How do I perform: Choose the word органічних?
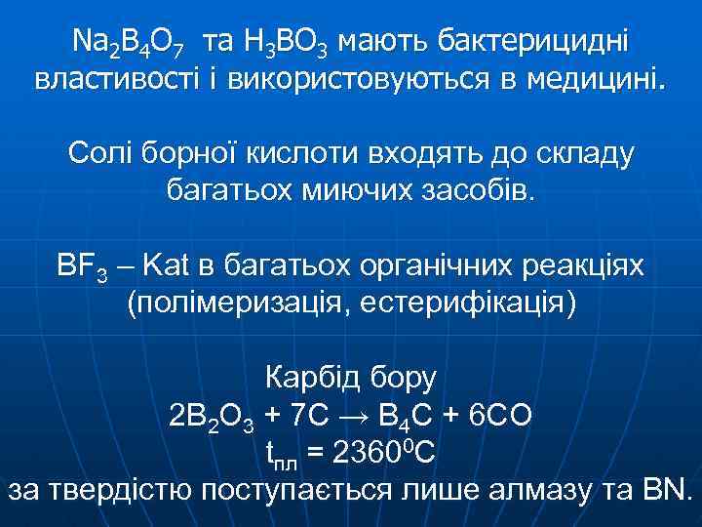(x=436, y=265)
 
